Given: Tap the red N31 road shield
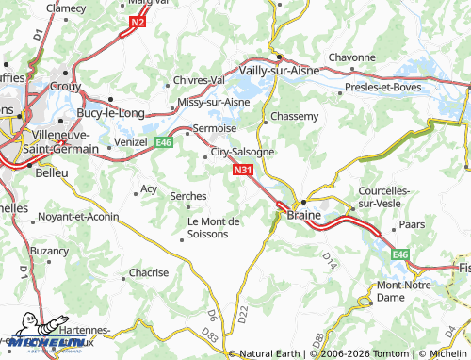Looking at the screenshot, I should [242, 171].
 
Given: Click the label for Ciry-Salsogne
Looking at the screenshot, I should [242, 151].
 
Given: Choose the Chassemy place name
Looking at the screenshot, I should [294, 116].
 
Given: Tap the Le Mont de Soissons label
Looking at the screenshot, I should [215, 227].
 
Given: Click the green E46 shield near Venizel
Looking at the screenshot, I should [163, 142].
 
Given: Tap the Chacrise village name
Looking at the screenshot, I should [149, 272].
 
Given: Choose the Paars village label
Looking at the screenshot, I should [412, 225].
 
